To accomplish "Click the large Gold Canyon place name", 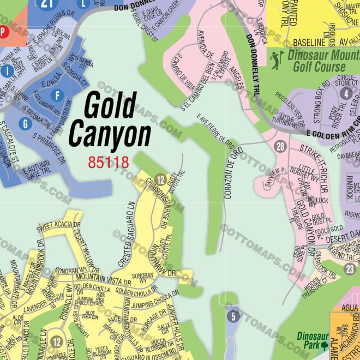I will (x=109, y=119).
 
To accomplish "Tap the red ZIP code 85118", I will (x=108, y=162).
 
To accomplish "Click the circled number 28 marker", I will (x=280, y=146).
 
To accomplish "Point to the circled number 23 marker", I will (x=350, y=269).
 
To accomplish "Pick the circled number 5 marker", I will (x=233, y=316).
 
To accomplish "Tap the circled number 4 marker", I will (x=345, y=93).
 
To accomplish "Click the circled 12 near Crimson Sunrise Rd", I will (x=160, y=179).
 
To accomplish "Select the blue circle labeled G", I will (x=25, y=124).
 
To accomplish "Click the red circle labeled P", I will (x=3, y=32).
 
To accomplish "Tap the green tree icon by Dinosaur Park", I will (x=325, y=346).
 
